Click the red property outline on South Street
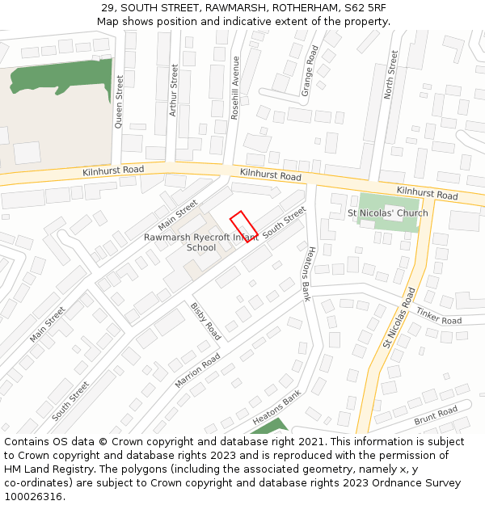coord(244,225)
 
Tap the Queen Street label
coord(119,102)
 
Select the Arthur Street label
coord(173,91)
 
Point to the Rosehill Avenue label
coord(235,87)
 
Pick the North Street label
coord(391,75)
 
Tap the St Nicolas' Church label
coord(387,213)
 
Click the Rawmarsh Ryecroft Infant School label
coord(200,242)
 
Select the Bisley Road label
coord(205,321)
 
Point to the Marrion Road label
coord(197,370)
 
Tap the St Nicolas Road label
coord(399,318)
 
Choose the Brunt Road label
coord(436,416)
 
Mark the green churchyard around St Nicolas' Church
coord(389,201)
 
